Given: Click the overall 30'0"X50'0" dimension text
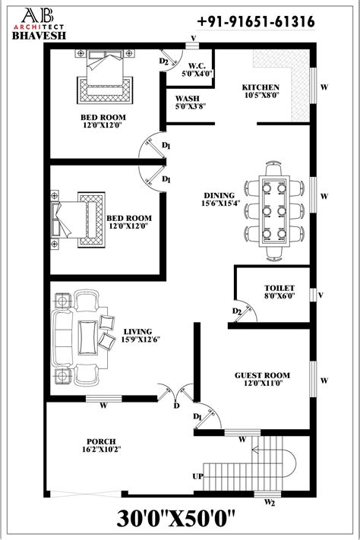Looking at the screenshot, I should coord(179,522).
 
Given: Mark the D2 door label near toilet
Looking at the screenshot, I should coord(237,311).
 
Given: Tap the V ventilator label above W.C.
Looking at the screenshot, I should coord(193,37).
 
